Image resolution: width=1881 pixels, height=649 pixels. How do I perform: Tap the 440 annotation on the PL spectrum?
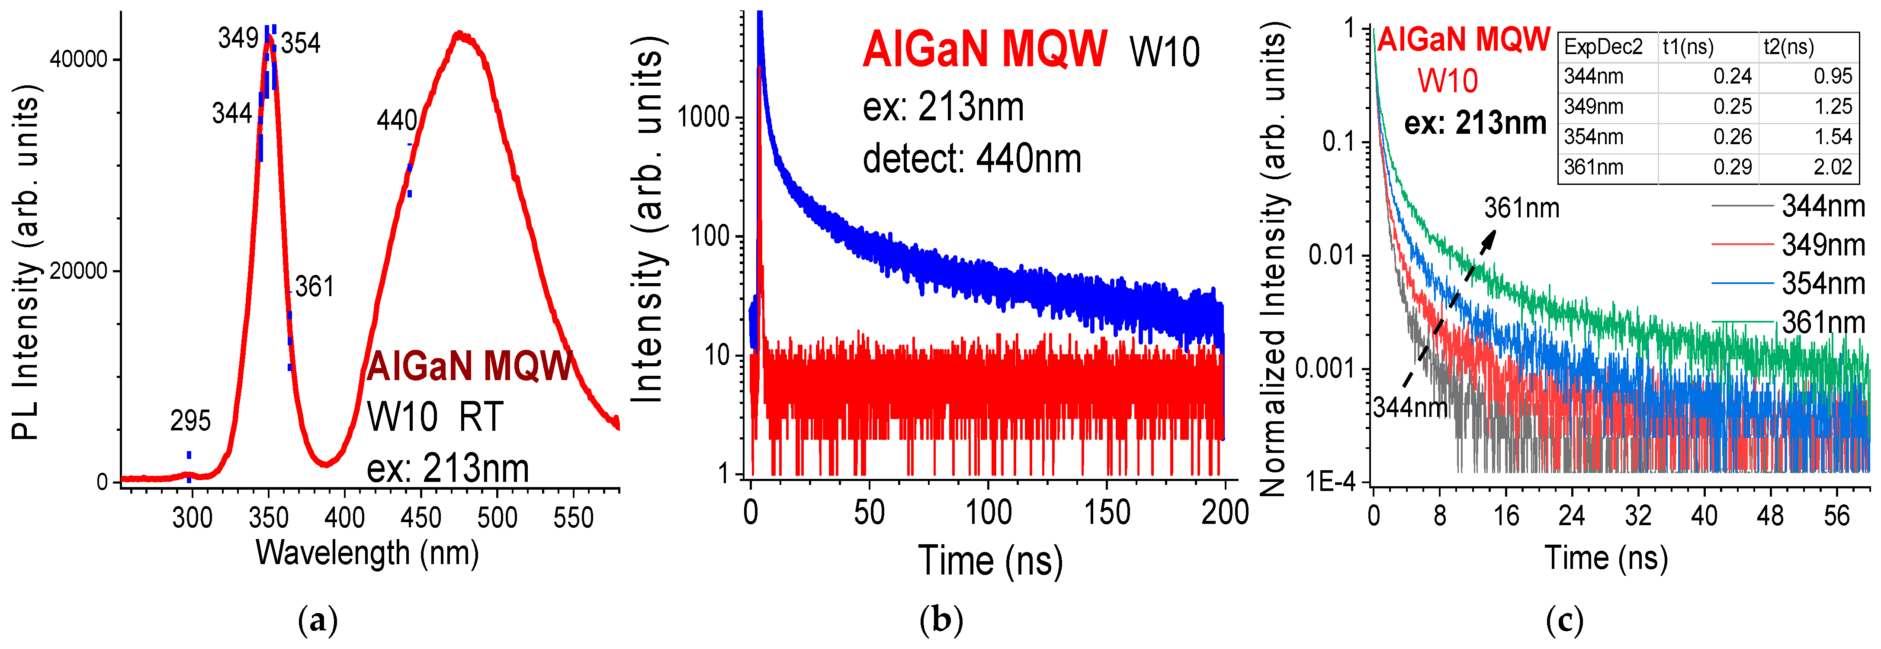397,120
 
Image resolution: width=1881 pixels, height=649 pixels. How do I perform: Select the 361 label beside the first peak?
315,287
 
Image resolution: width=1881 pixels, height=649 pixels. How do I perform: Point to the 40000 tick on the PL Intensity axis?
78,59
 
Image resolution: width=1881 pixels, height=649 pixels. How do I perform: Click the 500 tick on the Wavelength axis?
497,517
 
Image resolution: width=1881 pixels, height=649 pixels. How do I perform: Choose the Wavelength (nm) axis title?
367,553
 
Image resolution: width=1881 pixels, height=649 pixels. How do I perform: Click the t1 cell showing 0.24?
1732,77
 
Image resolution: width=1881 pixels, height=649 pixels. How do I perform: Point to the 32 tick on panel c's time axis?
1638,517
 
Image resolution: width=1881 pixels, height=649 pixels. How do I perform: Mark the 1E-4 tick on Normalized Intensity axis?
1330,481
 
